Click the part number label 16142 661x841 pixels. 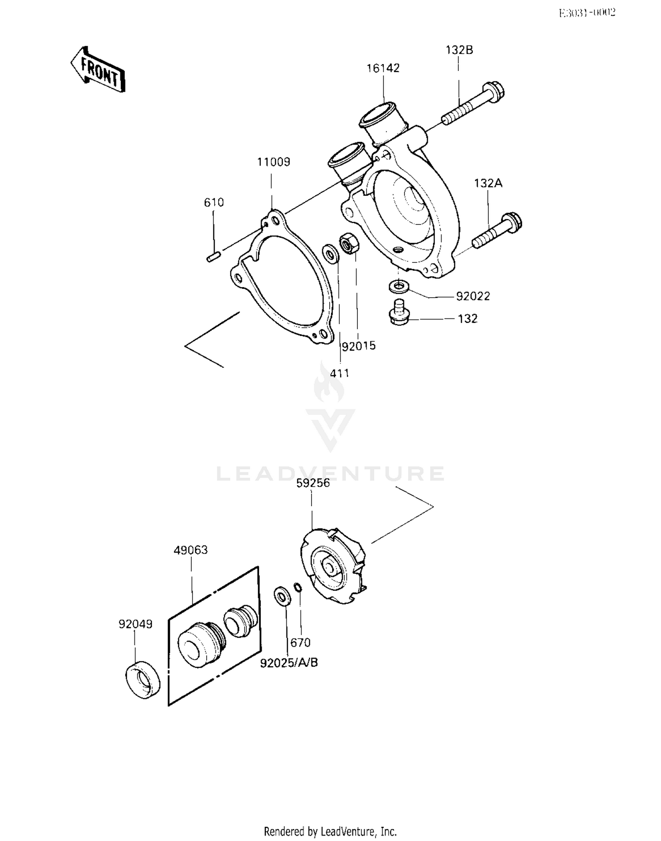(x=383, y=68)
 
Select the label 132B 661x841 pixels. (x=459, y=50)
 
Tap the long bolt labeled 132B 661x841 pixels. (x=473, y=104)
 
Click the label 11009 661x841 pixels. (x=274, y=162)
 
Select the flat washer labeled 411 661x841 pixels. (x=330, y=254)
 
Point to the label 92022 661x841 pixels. (x=472, y=296)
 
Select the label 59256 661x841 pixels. (x=313, y=483)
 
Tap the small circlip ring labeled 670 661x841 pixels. (x=298, y=587)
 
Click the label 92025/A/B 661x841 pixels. (x=289, y=662)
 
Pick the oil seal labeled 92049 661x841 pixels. (x=143, y=680)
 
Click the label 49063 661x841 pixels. (x=190, y=550)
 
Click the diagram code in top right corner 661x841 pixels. (x=587, y=13)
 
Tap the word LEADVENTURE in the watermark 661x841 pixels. (x=330, y=474)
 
